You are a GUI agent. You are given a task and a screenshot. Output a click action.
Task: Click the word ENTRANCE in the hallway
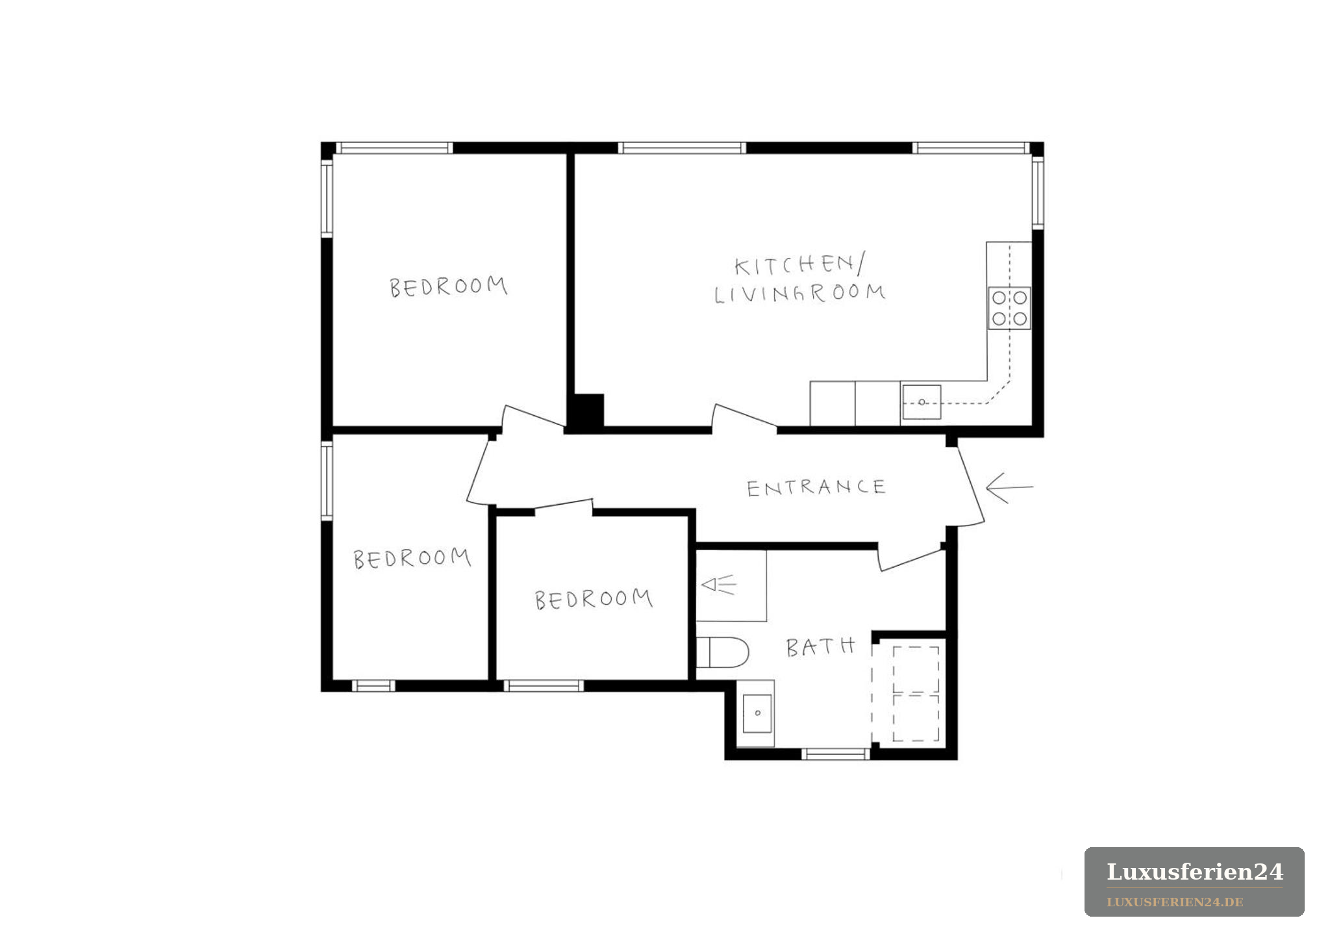pyautogui.click(x=816, y=487)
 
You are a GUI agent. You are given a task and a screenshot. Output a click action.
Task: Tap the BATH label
pyautogui.click(x=820, y=647)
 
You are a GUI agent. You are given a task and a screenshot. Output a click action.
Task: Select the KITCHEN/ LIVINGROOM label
pyautogui.click(x=800, y=279)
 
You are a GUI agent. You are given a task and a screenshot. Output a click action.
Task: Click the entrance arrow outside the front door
pyautogui.click(x=1009, y=487)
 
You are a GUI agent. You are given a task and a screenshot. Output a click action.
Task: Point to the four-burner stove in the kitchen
pyautogui.click(x=1009, y=308)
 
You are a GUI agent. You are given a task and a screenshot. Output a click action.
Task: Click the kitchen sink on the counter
pyautogui.click(x=922, y=402)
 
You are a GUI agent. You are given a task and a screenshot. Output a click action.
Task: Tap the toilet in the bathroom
pyautogui.click(x=722, y=652)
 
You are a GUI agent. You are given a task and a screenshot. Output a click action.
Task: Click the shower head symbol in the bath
pyautogui.click(x=718, y=585)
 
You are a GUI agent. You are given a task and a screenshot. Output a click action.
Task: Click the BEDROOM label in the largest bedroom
pyautogui.click(x=448, y=287)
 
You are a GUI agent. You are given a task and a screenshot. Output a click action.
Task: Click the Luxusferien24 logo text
pyautogui.click(x=1194, y=872)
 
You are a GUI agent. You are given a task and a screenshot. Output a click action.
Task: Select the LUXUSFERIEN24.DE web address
pyautogui.click(x=1175, y=902)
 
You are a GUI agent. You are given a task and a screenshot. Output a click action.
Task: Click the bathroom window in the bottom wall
pyautogui.click(x=836, y=754)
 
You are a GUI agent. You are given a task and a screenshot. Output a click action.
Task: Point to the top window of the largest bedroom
pyautogui.click(x=394, y=148)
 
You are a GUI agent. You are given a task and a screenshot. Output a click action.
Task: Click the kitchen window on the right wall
pyautogui.click(x=1038, y=193)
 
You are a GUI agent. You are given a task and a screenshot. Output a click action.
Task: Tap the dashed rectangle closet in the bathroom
pyautogui.click(x=916, y=693)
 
